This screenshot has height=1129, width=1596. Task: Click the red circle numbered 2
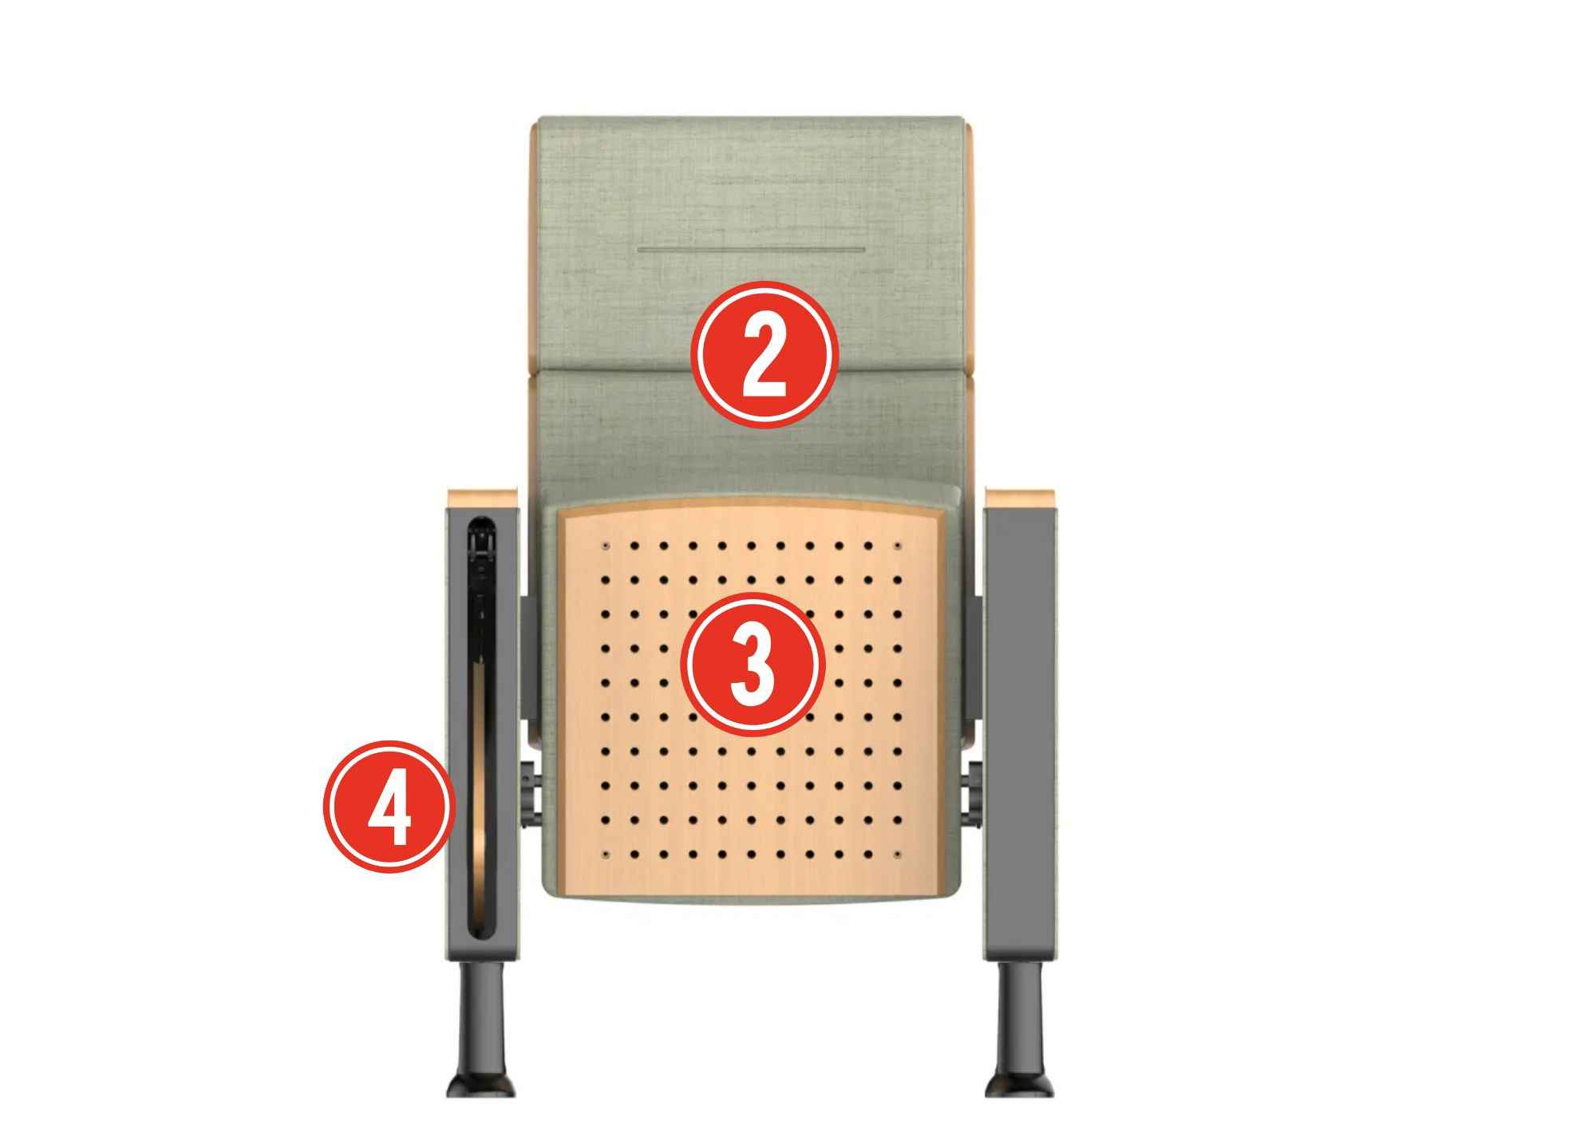click(764, 354)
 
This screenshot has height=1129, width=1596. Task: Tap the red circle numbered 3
click(752, 664)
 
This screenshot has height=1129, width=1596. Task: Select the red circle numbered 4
click(389, 807)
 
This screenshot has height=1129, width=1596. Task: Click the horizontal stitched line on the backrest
click(751, 250)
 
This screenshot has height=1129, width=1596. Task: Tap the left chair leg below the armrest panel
click(482, 1029)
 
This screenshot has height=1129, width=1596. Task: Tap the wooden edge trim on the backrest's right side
click(970, 311)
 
